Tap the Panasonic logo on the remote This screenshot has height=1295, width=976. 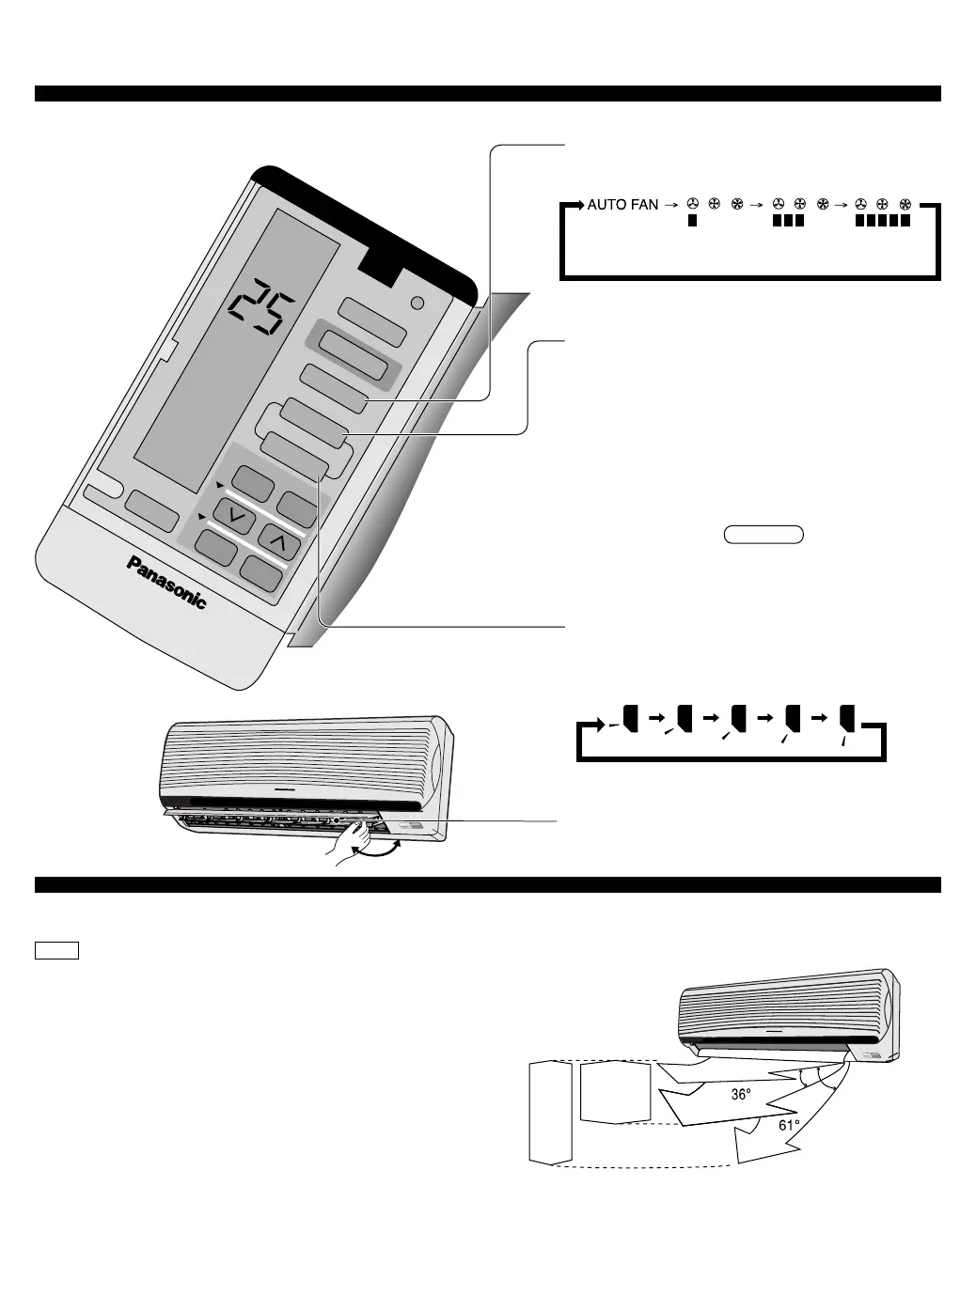(166, 583)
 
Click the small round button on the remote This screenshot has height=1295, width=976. (418, 303)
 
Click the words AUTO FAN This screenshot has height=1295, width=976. (622, 204)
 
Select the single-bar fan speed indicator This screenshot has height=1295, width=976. (691, 222)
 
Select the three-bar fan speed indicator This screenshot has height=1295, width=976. (786, 222)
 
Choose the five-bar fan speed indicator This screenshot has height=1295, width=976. (882, 222)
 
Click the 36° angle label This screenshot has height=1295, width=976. (741, 1095)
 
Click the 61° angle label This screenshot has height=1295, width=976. (789, 1125)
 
